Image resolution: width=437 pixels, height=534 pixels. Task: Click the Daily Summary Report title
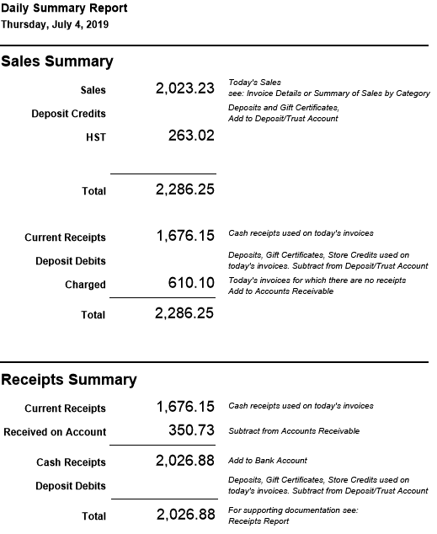(64, 8)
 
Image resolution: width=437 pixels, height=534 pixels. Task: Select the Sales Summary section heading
(57, 61)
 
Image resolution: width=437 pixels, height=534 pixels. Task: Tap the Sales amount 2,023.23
(185, 88)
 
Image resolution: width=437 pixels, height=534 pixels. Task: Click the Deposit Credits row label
(69, 114)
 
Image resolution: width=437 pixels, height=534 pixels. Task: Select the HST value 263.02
(192, 136)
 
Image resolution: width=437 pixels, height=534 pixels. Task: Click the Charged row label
(85, 285)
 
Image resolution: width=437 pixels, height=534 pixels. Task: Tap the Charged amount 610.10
(191, 284)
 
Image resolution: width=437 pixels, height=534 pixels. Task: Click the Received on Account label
(55, 432)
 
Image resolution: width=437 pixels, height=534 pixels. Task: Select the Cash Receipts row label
(71, 462)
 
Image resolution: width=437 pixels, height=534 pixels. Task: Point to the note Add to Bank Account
(268, 461)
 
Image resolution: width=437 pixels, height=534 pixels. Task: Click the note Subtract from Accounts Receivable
(294, 430)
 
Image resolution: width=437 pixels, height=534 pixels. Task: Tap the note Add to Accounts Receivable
(280, 291)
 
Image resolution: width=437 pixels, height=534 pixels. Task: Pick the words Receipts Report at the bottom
(258, 521)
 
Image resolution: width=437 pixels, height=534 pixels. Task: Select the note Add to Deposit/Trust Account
(283, 119)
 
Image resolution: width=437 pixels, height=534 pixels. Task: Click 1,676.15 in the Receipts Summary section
(185, 407)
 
